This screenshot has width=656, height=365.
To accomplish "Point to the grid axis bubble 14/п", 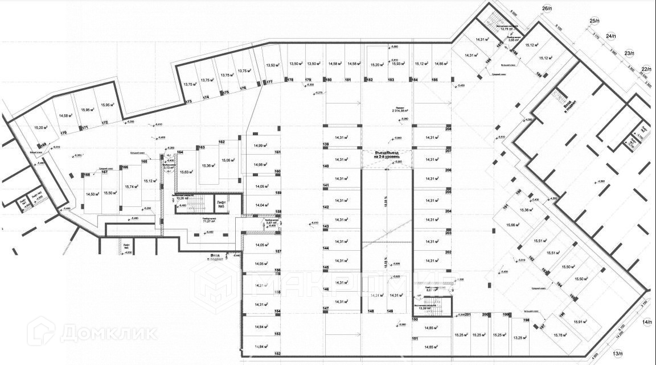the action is click(647, 322).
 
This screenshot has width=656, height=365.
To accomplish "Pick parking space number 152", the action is click(278, 354).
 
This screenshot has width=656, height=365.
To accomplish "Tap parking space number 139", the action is click(326, 145).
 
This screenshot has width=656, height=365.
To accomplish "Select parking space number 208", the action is click(448, 130).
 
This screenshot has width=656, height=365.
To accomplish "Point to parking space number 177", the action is click(269, 82).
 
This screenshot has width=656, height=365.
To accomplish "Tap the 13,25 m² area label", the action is click(519, 337).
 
